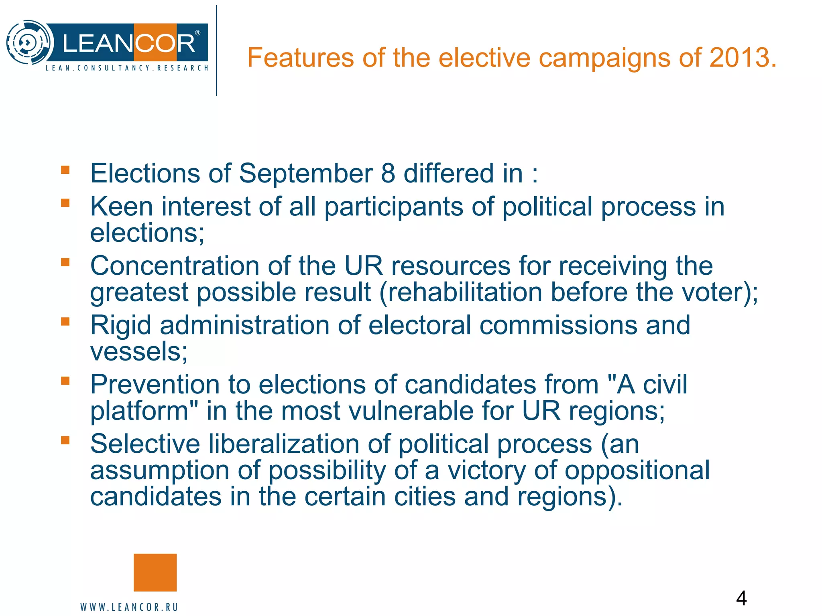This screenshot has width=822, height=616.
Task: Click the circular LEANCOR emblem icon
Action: tap(29, 42)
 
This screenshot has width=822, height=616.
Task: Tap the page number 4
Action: tap(741, 598)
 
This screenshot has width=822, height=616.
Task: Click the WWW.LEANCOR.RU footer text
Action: tap(129, 607)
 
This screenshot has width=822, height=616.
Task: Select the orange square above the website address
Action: tap(155, 572)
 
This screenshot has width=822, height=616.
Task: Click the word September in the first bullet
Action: tap(306, 173)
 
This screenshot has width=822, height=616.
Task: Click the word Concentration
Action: tap(175, 265)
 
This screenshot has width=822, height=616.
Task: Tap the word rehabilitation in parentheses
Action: tap(464, 292)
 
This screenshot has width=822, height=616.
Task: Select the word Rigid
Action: tap(121, 325)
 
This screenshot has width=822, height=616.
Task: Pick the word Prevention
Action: tap(155, 384)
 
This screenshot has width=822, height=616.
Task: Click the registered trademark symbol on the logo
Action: tap(197, 33)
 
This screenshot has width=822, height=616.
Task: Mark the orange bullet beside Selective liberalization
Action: tap(65, 440)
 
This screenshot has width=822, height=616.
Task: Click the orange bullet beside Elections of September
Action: tap(65, 170)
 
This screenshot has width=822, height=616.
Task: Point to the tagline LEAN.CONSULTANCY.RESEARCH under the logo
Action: tap(127, 68)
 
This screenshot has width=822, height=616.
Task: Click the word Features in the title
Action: tap(300, 57)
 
